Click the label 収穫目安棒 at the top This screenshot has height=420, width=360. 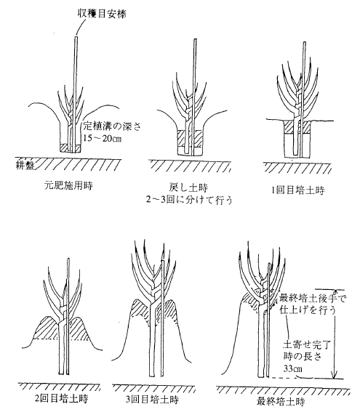point(101,13)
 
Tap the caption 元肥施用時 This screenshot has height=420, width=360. point(68,185)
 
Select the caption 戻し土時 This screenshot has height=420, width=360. point(188,187)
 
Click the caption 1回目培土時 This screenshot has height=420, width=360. point(297,190)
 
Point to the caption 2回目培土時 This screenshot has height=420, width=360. point(61,399)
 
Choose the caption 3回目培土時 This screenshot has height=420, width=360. point(152,400)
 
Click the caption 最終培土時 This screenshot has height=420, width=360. point(281,402)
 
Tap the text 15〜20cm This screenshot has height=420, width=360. point(102,138)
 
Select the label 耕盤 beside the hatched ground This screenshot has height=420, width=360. point(25,165)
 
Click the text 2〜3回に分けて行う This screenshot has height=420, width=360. point(188,200)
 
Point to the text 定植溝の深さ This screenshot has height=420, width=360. point(112,126)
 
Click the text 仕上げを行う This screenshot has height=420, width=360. point(308,310)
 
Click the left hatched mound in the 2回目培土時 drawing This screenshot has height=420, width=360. point(48,328)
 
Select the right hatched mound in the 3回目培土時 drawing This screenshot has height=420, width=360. point(171,311)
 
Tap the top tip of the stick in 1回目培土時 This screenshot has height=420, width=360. point(305,42)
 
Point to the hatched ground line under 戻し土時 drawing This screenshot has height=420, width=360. point(190,165)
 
